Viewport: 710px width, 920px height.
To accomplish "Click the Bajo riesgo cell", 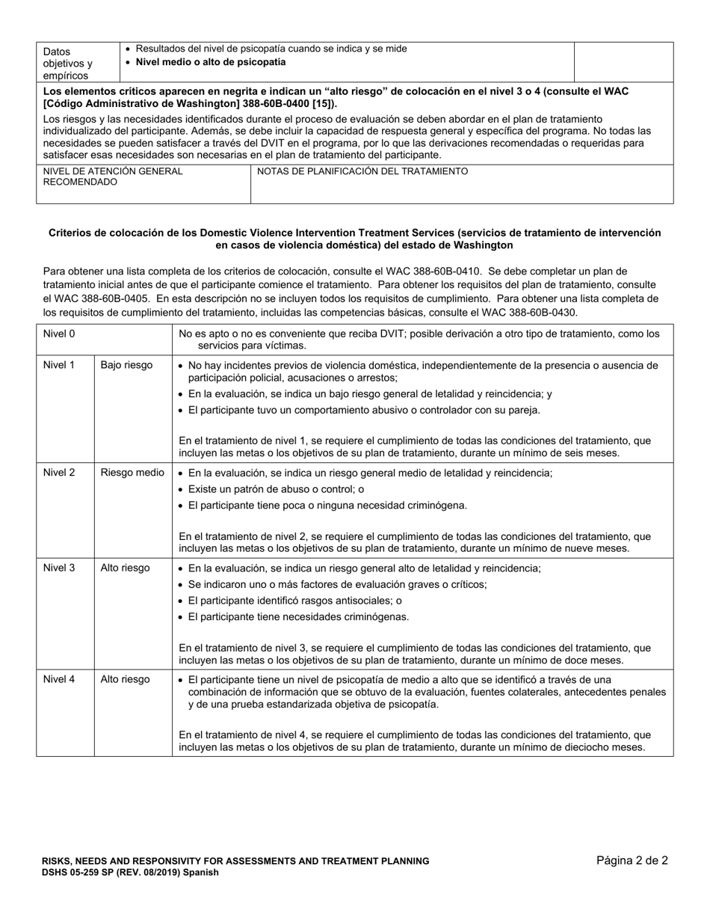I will pyautogui.click(x=126, y=365).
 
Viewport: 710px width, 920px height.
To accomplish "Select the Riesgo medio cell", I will pyautogui.click(x=132, y=473).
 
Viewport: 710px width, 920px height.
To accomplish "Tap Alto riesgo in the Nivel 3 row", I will pyautogui.click(x=125, y=568).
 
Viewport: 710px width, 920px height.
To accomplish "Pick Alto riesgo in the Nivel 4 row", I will pyautogui.click(x=125, y=679).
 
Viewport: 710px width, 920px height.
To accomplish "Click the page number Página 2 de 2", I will pyautogui.click(x=632, y=860).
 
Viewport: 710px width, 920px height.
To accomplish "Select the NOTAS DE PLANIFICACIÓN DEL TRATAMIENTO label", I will pyautogui.click(x=362, y=171).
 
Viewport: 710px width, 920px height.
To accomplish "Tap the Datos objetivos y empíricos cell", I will pyautogui.click(x=67, y=63).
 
